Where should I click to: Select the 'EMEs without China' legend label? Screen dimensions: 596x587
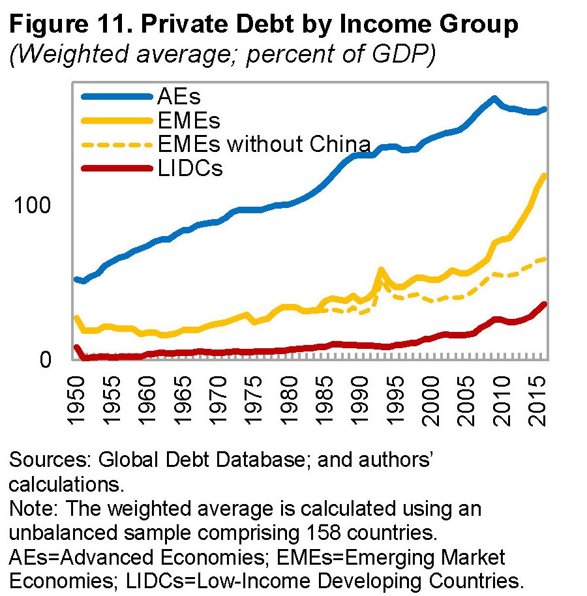(x=264, y=144)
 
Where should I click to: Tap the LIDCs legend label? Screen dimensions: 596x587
(x=190, y=168)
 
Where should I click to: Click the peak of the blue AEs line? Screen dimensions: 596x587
(x=494, y=98)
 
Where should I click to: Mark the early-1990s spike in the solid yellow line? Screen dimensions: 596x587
(x=382, y=269)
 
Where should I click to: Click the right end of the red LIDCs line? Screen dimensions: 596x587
(x=545, y=304)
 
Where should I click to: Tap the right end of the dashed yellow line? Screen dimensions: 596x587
(x=545, y=259)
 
